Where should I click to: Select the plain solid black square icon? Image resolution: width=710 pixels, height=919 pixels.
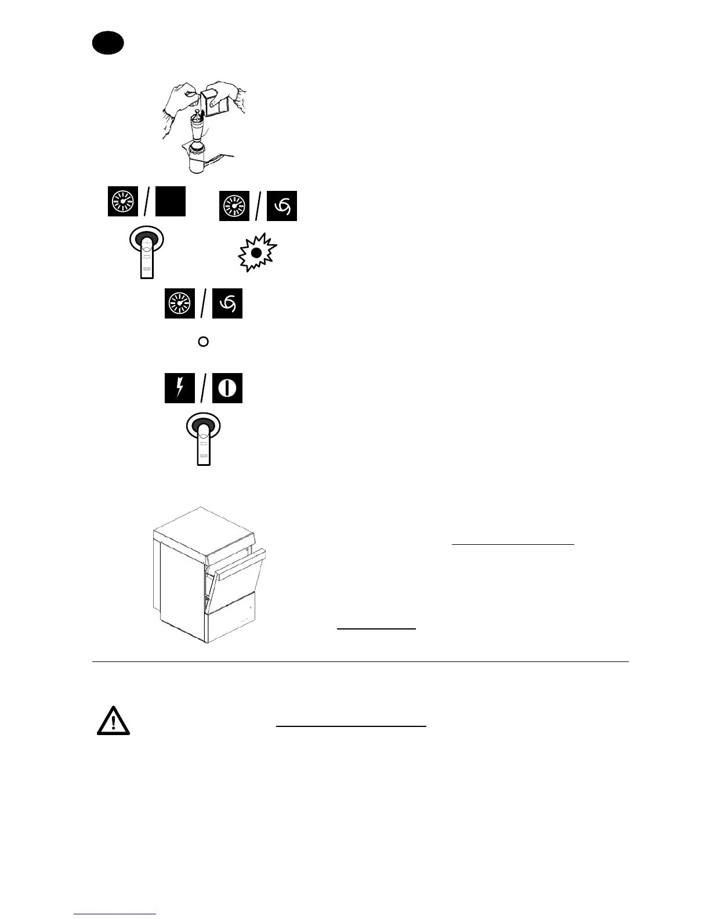171,202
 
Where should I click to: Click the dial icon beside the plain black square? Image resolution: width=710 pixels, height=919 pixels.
122,202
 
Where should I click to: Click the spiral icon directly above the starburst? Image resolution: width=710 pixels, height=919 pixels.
282,206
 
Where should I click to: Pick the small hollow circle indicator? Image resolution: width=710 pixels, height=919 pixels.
203,342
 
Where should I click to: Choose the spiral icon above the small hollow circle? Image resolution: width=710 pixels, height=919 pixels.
227,303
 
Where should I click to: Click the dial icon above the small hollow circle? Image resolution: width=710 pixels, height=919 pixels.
179,303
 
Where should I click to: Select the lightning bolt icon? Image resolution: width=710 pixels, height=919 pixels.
179,388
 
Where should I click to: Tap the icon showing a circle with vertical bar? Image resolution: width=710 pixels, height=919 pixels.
227,388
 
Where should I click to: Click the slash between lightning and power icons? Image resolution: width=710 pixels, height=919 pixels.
203,388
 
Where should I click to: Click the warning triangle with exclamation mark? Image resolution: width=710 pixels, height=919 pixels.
113,721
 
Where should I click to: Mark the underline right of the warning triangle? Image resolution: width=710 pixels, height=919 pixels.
351,725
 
